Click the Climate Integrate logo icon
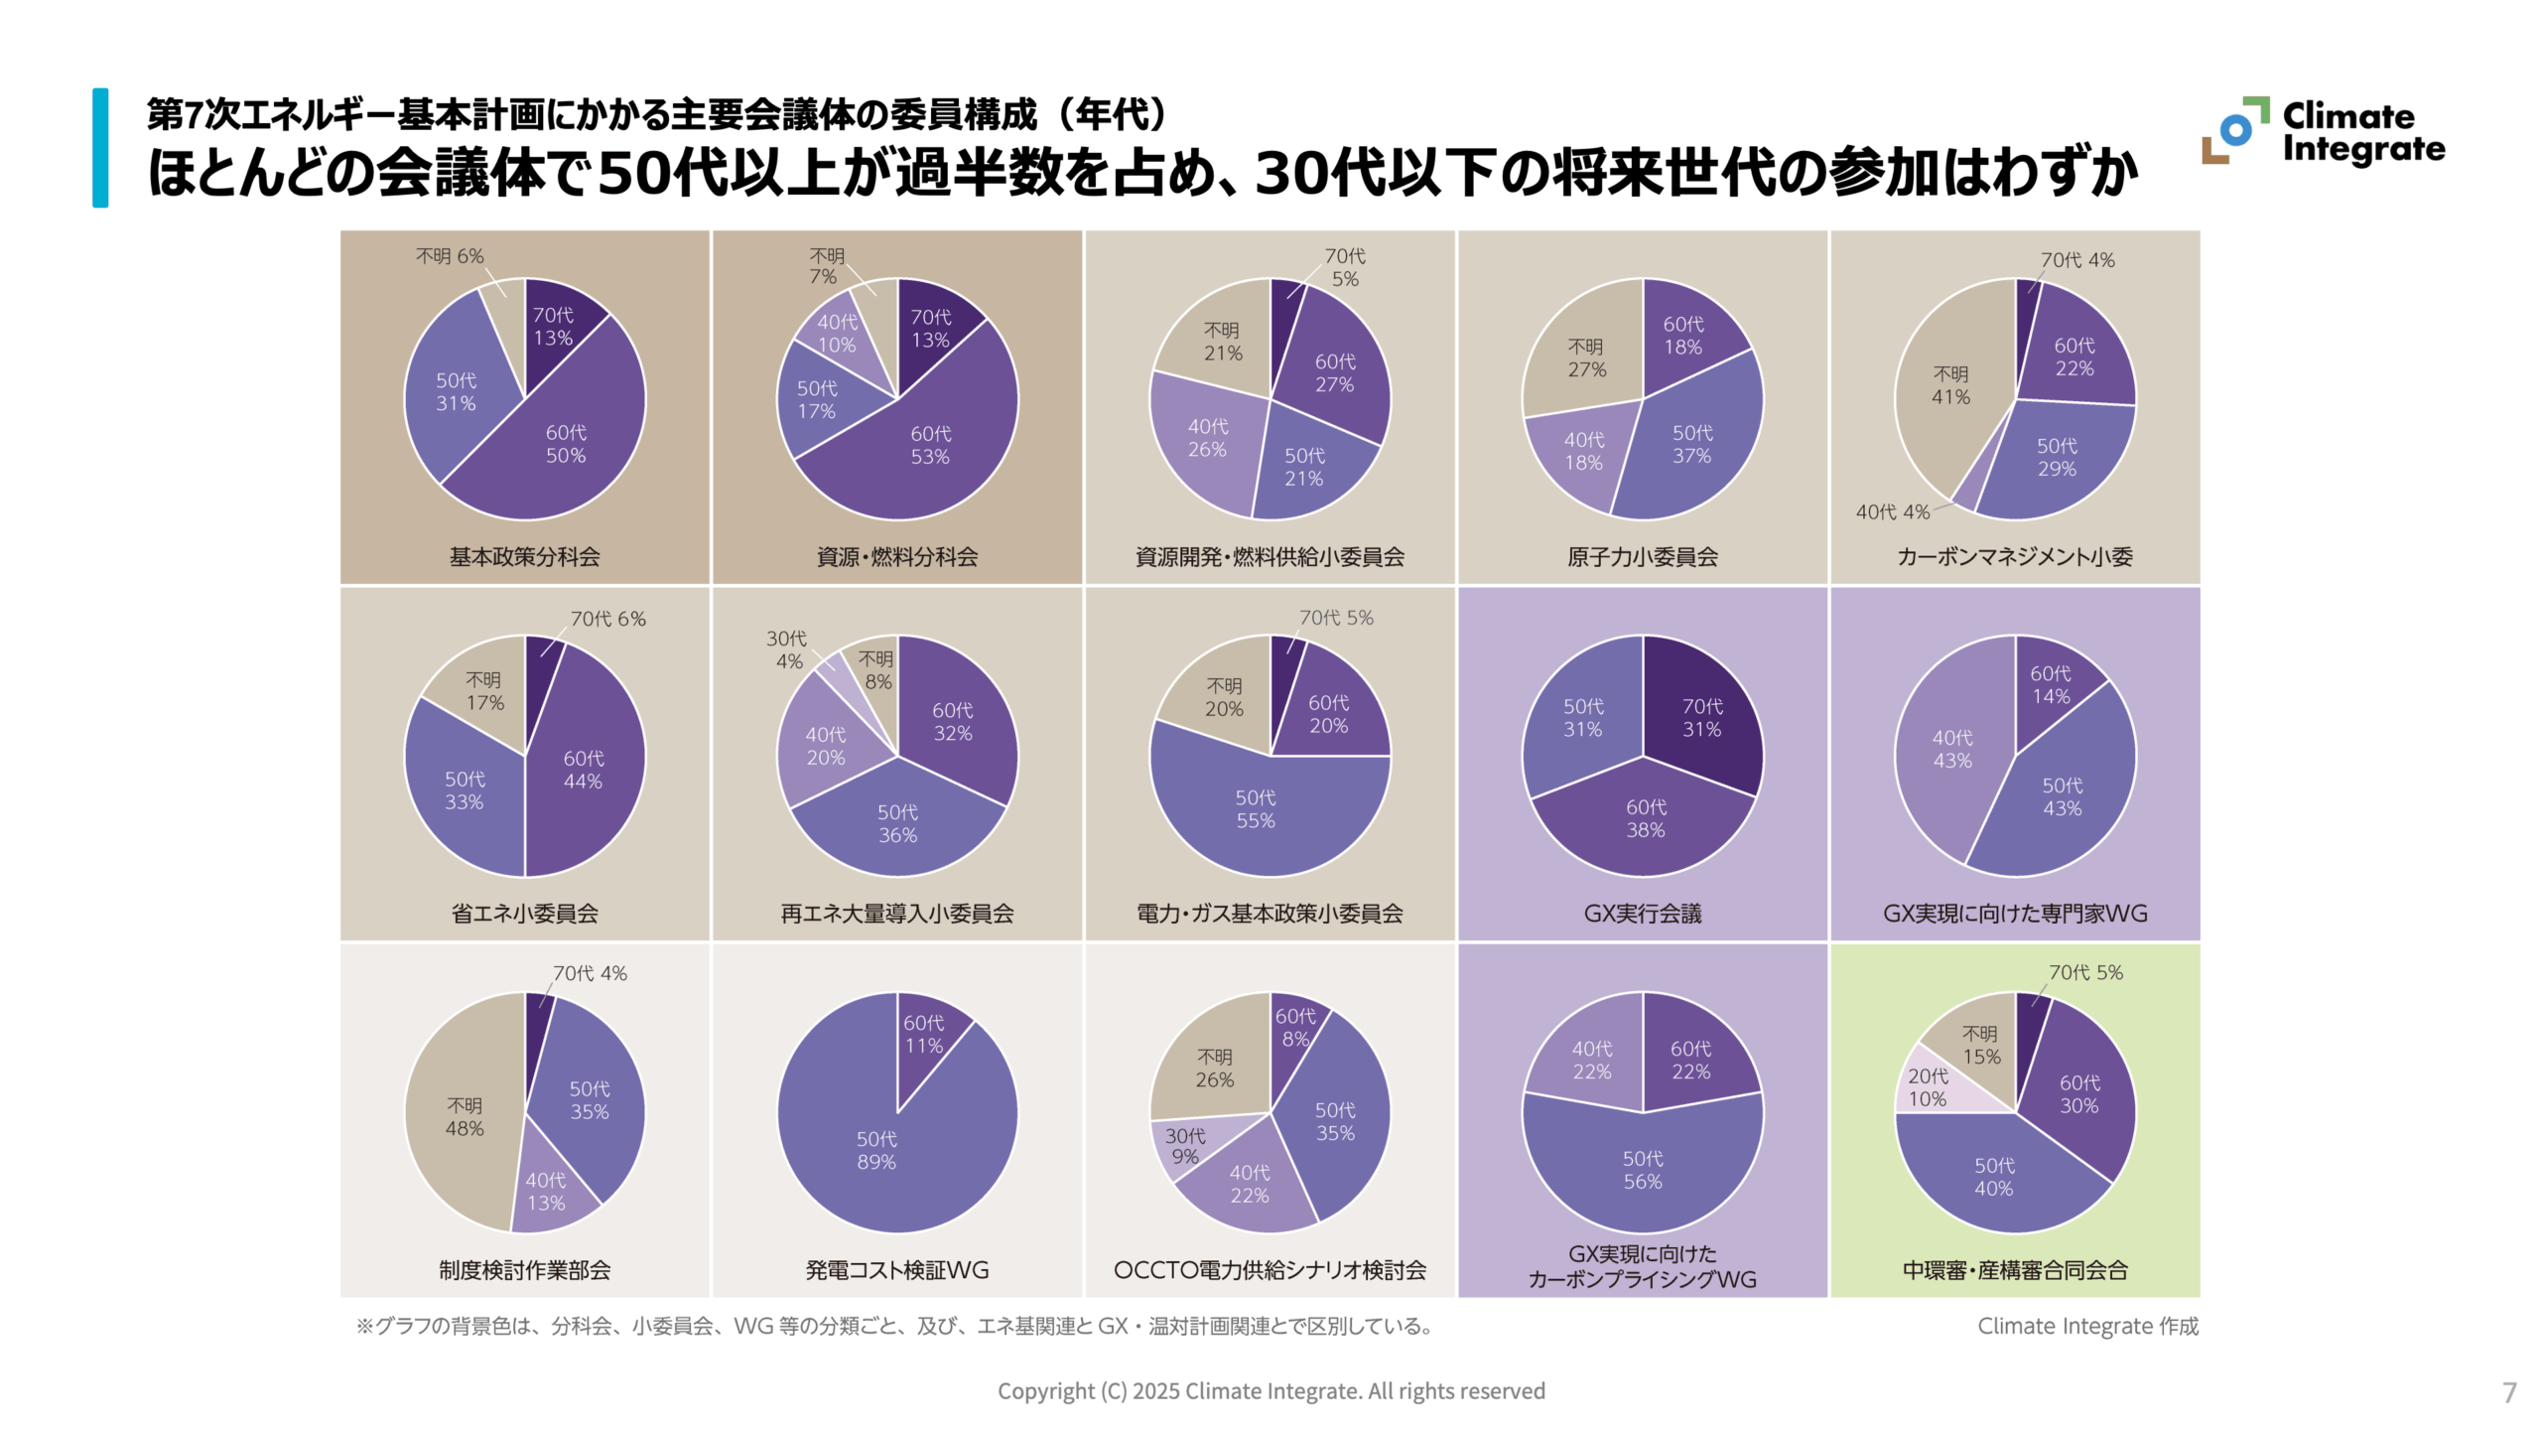tap(2234, 130)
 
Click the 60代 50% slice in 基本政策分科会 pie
tap(566, 444)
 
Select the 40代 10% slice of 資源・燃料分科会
tap(837, 334)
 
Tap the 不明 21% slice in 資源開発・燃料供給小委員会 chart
tap(1222, 342)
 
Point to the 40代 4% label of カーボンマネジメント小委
tap(1892, 512)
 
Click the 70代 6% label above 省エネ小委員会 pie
tap(607, 619)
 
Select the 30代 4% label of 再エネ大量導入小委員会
tap(786, 649)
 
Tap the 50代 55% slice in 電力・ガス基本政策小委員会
tap(1255, 809)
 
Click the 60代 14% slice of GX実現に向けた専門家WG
tap(2051, 685)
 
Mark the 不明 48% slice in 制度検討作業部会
tap(464, 1117)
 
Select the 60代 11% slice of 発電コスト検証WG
tap(923, 1034)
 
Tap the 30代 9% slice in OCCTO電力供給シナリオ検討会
tap(1185, 1146)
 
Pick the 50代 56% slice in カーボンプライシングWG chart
tap(1642, 1170)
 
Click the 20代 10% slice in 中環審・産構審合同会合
tap(1928, 1087)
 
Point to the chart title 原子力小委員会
tap(1642, 557)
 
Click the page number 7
tap(2508, 1392)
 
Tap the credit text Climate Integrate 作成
tap(2087, 1326)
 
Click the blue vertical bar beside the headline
tap(100, 148)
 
